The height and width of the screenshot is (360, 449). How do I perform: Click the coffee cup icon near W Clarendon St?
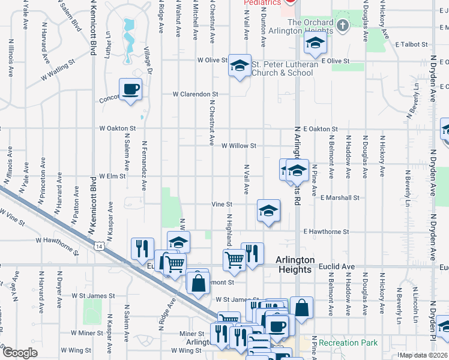coord(130,90)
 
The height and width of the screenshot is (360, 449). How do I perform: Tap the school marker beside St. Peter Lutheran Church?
coord(240,65)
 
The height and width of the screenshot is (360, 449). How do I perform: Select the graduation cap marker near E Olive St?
coord(315,43)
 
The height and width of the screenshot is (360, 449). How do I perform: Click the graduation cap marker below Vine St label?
coord(268,211)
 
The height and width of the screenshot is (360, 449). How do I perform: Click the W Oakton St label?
coord(118,128)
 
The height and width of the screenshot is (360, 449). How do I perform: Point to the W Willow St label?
coord(238,146)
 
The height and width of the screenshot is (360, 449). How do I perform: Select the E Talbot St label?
coord(411,45)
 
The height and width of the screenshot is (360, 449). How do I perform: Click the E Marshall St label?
coord(340,197)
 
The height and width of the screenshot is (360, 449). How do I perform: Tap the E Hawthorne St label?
coord(327,232)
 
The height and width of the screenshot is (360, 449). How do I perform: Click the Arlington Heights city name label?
coord(294,265)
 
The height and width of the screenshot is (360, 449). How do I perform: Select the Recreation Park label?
coord(348,343)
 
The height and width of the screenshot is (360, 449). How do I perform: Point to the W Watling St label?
coord(58,70)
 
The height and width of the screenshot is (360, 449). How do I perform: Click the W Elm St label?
coord(112,176)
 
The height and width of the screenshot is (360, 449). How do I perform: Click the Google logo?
coord(20,353)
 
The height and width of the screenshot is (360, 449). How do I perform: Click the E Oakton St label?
coord(321,129)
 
